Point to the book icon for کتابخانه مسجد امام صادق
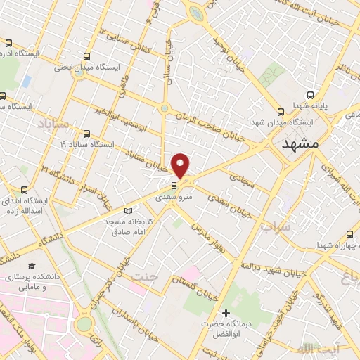point(127,211)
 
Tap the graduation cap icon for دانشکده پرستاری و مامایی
point(32,266)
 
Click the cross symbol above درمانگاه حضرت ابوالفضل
point(226,312)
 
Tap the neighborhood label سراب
point(275,227)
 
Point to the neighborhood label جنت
point(145,276)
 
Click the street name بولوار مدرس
point(211,239)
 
